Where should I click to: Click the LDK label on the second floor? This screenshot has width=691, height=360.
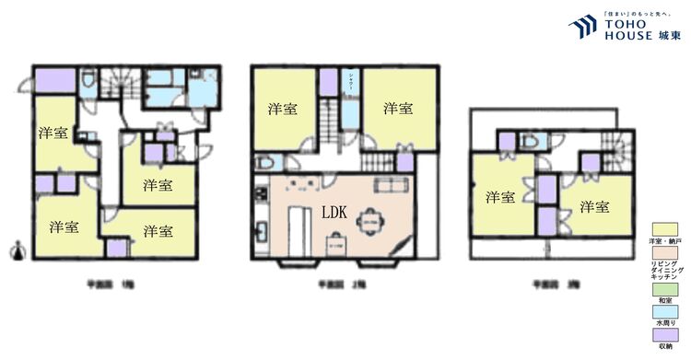(x=334, y=211)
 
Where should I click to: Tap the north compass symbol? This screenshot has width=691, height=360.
(x=17, y=250)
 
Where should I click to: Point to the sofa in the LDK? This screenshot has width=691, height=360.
(x=387, y=187)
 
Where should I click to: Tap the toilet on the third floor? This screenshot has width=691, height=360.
(x=528, y=143)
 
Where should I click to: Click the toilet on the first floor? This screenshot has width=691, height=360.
(x=87, y=82)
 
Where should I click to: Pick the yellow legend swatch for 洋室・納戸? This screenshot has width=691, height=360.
(x=665, y=229)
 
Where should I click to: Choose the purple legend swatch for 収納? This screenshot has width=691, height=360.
(x=665, y=335)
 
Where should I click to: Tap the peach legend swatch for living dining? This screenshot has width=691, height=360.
(x=665, y=250)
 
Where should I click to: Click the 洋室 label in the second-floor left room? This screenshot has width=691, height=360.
(x=282, y=109)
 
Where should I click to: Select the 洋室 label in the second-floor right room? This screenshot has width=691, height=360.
(x=397, y=109)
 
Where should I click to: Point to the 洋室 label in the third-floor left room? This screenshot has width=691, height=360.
(x=500, y=197)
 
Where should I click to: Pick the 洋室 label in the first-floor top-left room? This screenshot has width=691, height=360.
(x=53, y=133)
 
